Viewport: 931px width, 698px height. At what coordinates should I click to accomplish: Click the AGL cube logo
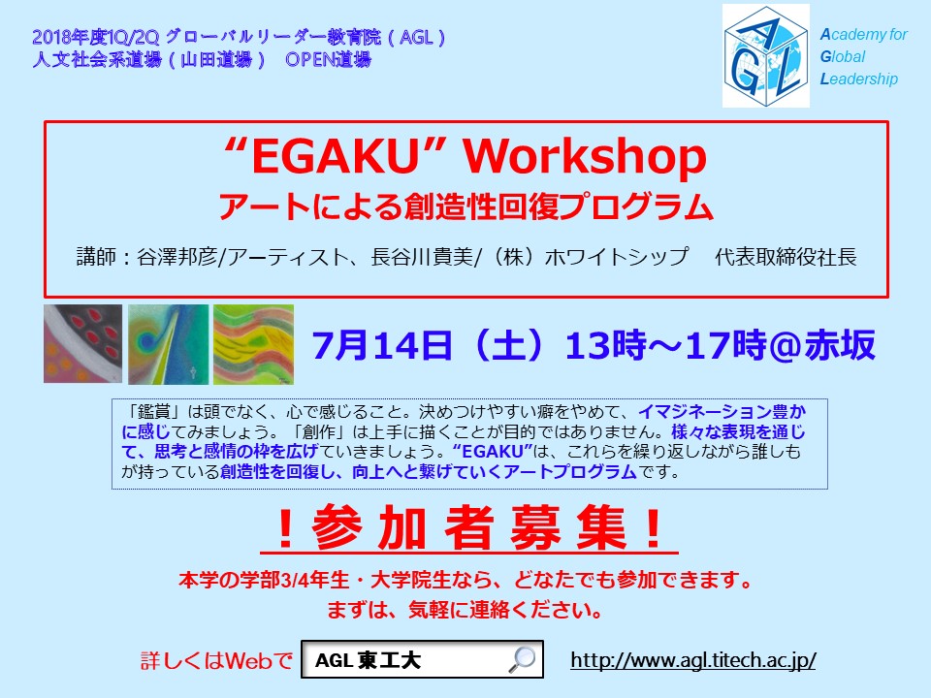click(x=766, y=56)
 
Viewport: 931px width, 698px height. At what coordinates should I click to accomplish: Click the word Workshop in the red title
click(x=584, y=157)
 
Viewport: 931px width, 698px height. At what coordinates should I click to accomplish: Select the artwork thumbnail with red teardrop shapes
click(x=82, y=343)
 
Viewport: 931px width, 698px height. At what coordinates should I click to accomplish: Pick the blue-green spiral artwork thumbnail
click(x=168, y=344)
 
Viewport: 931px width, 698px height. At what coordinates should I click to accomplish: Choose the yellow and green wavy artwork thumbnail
click(x=253, y=344)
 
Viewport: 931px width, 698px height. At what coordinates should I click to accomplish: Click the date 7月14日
click(x=382, y=345)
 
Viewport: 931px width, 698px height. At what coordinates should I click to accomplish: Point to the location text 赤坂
click(x=840, y=345)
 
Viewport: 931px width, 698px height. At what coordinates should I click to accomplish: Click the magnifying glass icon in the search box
click(x=522, y=659)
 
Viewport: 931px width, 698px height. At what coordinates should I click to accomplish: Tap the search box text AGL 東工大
click(x=369, y=660)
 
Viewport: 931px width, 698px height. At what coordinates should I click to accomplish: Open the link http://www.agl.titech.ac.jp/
click(x=692, y=660)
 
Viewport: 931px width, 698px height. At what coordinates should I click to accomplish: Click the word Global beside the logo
click(x=843, y=56)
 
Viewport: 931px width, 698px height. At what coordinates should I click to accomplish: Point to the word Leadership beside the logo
click(x=858, y=79)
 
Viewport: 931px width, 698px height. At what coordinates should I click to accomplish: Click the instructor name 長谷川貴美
click(x=422, y=257)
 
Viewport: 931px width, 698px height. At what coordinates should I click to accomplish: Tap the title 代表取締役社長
click(x=786, y=257)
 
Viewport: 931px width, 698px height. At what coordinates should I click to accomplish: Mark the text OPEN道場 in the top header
click(x=329, y=59)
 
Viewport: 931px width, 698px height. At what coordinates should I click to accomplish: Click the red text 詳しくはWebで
click(x=216, y=660)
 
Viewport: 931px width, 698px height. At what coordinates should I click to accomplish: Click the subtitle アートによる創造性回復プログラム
click(x=466, y=206)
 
